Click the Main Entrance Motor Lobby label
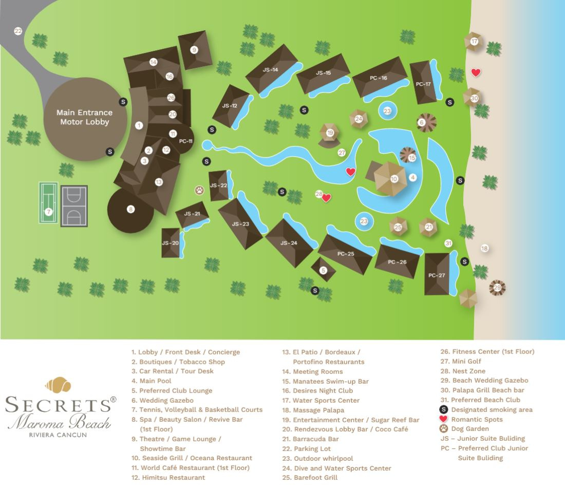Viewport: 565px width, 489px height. click(x=84, y=117)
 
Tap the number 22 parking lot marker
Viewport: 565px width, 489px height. click(x=18, y=31)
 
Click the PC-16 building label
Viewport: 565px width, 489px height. click(x=379, y=78)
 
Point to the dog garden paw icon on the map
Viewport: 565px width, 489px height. click(x=199, y=190)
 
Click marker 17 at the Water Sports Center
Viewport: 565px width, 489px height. click(x=474, y=41)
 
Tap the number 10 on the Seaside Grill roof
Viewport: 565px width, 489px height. click(x=394, y=179)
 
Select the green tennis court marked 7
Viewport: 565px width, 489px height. click(x=48, y=203)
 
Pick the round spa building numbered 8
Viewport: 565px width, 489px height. click(x=130, y=209)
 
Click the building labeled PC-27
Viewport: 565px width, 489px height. click(x=437, y=275)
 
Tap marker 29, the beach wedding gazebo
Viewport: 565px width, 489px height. click(x=497, y=288)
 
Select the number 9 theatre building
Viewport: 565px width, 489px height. click(x=194, y=50)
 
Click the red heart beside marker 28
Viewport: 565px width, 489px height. click(x=326, y=198)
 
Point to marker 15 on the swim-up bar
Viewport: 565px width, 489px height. click(x=411, y=158)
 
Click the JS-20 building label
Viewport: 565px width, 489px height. click(x=171, y=243)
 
